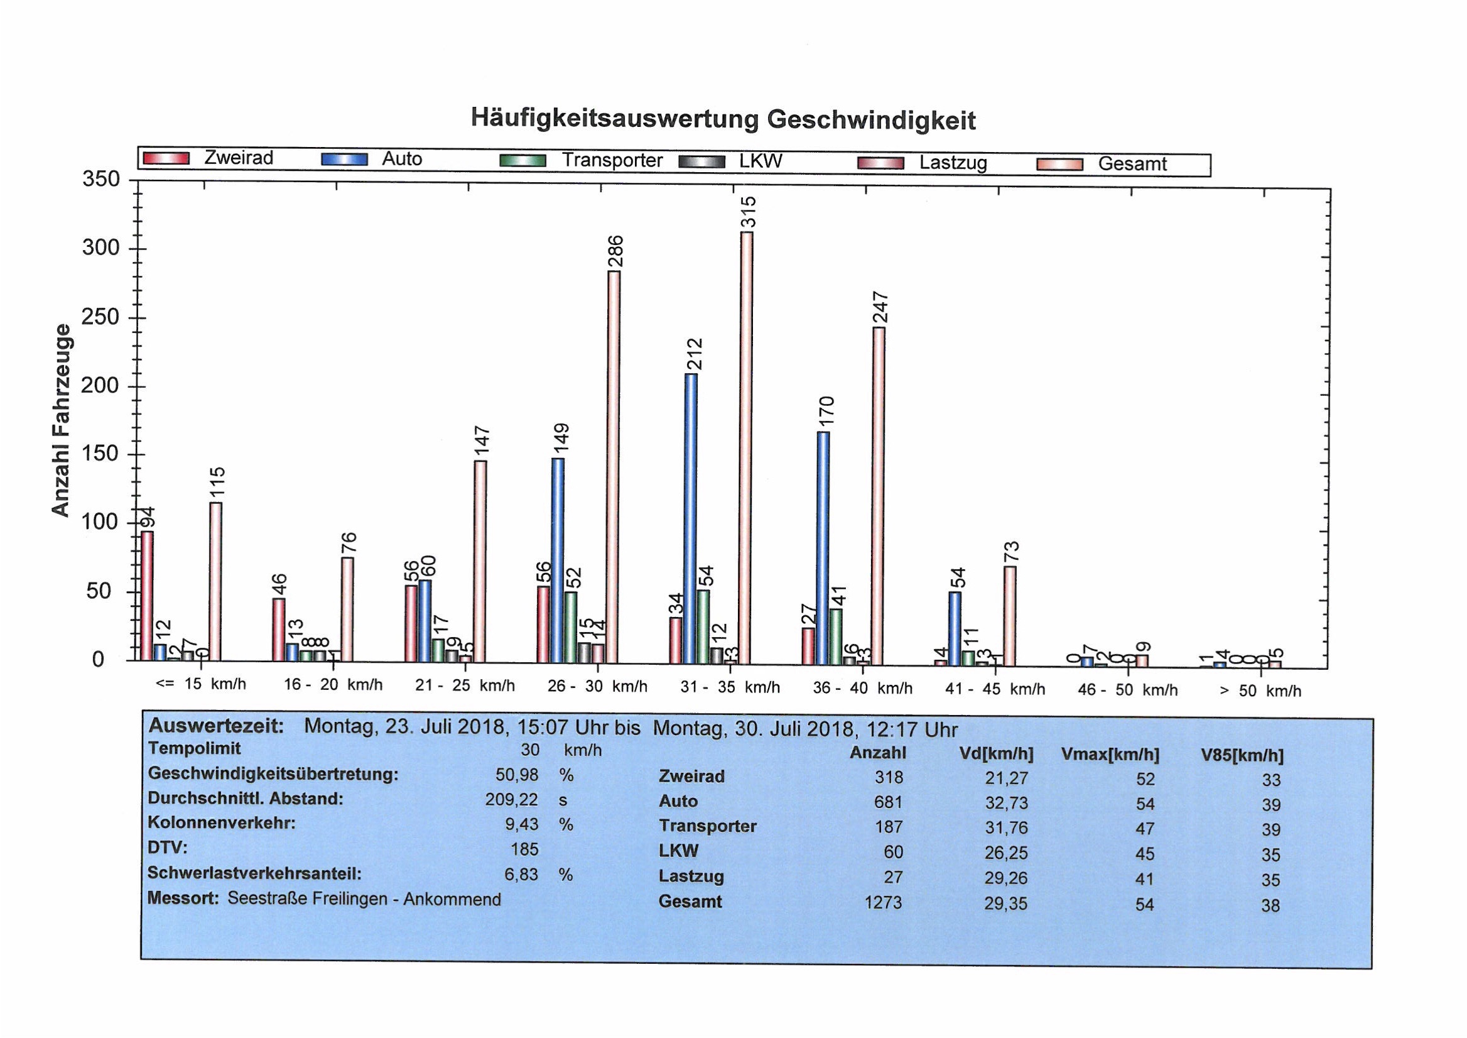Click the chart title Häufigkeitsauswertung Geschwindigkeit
coord(723,119)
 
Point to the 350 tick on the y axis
coord(101,180)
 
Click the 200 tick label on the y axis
coord(101,386)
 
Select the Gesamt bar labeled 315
coord(746,447)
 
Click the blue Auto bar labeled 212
coord(691,518)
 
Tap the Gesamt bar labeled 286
coord(614,467)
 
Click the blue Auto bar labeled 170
coord(823,547)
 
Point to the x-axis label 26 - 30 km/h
coord(597,687)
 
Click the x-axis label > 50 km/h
coord(1260,691)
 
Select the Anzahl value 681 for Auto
coord(888,802)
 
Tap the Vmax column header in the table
coord(1110,755)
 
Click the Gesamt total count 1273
coord(883,902)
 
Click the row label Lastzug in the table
coord(691,877)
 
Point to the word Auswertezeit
coord(215,726)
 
